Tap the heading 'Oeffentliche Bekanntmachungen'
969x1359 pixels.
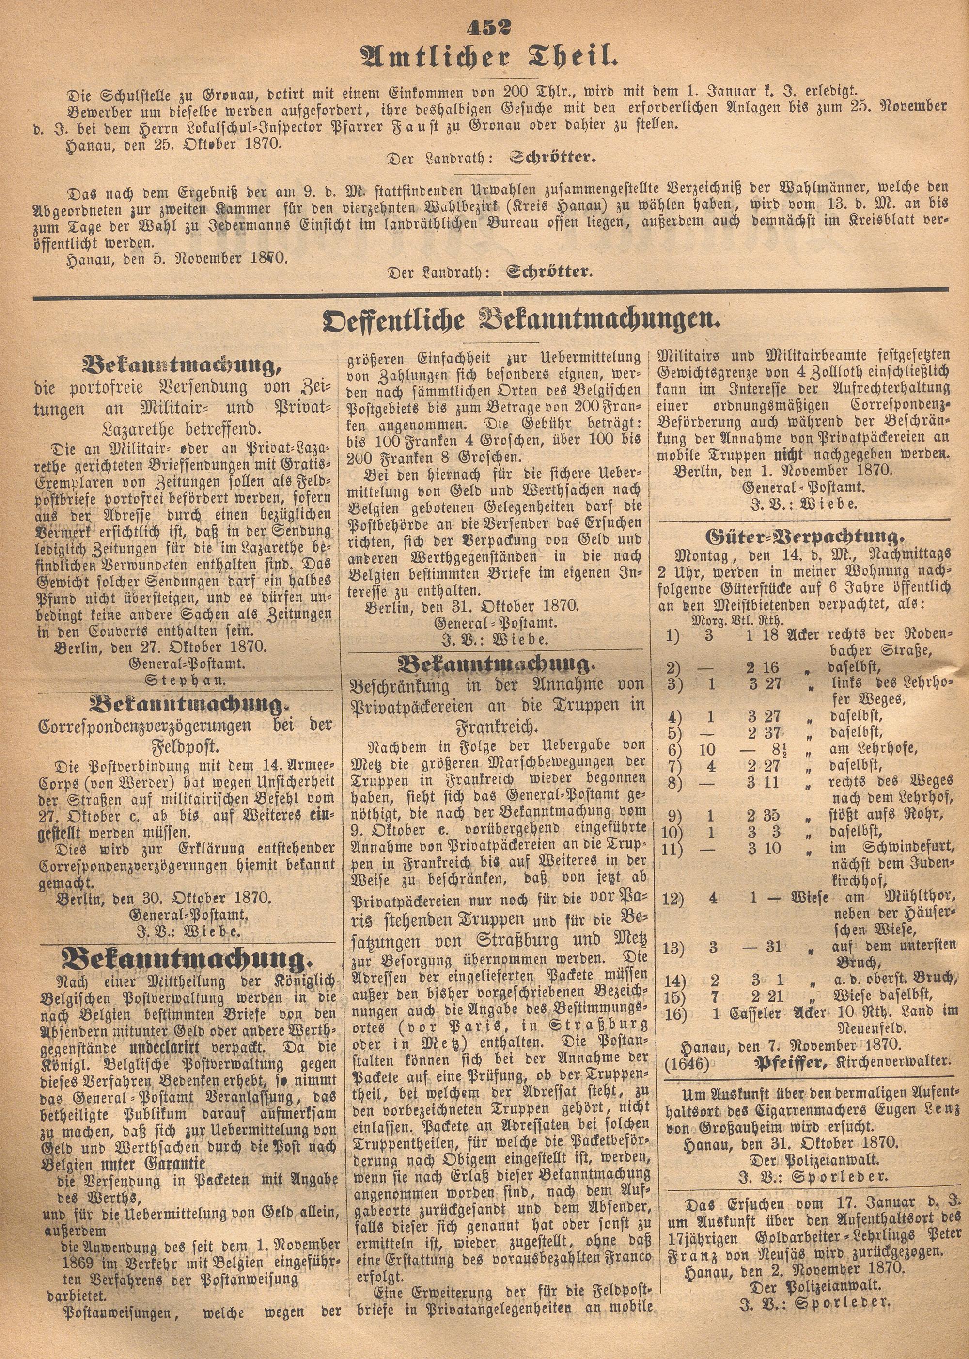(517, 323)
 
